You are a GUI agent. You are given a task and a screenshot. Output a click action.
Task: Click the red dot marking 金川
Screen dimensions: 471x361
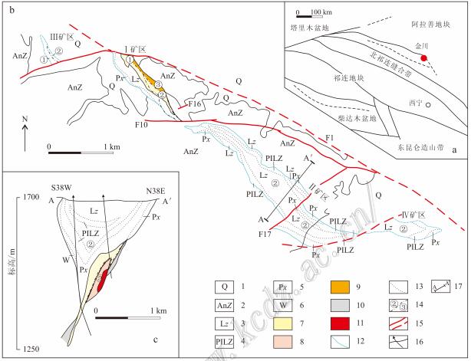(423, 58)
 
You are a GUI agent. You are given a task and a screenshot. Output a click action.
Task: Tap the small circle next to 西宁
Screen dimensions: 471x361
(428, 105)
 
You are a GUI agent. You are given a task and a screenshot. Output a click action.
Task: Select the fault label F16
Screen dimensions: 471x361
(194, 103)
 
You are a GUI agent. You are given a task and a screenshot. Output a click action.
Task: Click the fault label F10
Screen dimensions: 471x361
(141, 124)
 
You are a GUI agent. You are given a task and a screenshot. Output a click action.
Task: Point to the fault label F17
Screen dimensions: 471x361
(265, 234)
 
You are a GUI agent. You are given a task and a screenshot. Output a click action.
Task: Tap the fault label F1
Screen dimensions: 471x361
(330, 138)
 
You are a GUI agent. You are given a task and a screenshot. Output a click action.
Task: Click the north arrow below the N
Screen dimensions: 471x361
(25, 138)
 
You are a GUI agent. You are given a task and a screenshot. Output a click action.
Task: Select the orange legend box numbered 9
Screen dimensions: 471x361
(340, 287)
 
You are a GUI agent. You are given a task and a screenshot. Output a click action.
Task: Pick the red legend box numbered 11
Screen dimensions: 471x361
(340, 323)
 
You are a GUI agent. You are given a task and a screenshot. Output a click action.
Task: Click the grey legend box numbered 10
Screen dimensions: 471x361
(340, 305)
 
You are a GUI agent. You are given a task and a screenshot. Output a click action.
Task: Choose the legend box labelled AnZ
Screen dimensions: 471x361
(225, 306)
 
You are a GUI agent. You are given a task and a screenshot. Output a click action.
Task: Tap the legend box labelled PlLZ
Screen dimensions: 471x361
(225, 342)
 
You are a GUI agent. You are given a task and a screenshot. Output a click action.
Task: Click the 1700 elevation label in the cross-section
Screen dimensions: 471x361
(31, 197)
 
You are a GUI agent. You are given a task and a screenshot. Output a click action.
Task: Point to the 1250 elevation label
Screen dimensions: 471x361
(31, 349)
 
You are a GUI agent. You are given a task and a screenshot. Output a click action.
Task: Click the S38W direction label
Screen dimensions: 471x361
(61, 188)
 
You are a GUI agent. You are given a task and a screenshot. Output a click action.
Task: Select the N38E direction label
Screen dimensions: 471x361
(156, 191)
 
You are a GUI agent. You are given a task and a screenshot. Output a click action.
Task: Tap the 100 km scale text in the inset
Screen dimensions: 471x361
(321, 12)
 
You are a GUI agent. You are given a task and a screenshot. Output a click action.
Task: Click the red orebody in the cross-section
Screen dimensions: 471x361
(102, 280)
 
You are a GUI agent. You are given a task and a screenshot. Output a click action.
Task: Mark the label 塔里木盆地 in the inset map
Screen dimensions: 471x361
(310, 28)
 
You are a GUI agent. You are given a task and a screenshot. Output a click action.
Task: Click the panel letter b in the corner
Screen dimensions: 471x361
(12, 11)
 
